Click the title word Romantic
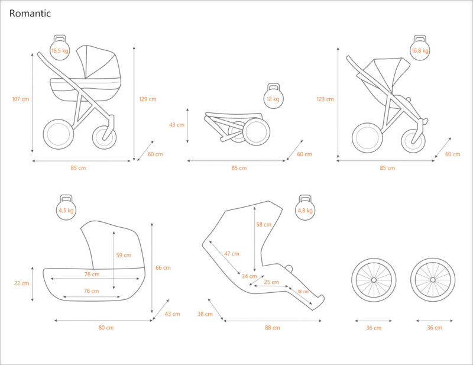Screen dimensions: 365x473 [x=30, y=13]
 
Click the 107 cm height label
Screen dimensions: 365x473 [x=20, y=99]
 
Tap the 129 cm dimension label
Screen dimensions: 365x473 [x=148, y=99]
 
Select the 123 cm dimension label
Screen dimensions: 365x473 [x=325, y=99]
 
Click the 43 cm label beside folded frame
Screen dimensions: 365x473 [x=177, y=125]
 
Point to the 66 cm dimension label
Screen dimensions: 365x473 [x=163, y=268]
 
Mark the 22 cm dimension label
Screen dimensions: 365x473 [x=21, y=283]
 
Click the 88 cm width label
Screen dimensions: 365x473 [x=273, y=327]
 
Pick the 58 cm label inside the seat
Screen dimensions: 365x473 [x=264, y=225]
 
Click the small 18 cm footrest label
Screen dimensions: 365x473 [x=303, y=291]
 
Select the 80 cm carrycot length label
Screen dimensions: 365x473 [x=106, y=327]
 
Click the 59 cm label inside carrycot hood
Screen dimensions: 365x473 [x=124, y=255]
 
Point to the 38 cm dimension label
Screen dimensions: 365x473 [x=205, y=314]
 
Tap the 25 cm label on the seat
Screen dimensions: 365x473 [x=272, y=282]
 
